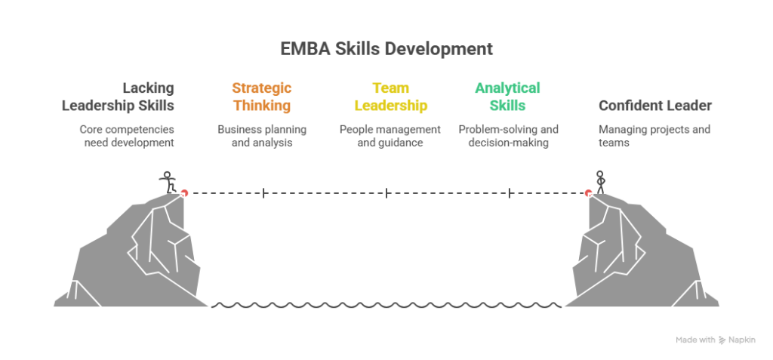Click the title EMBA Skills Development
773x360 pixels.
click(x=386, y=50)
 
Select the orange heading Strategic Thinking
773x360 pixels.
click(x=261, y=97)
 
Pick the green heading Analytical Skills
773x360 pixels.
click(x=507, y=97)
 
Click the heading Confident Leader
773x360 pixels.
click(x=654, y=106)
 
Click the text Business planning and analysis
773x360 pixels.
click(x=261, y=135)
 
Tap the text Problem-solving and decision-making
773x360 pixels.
click(x=508, y=135)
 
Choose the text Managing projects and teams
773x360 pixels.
click(x=654, y=135)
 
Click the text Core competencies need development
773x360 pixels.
click(x=128, y=135)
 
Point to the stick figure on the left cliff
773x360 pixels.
click(x=168, y=181)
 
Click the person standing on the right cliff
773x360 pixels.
click(x=601, y=181)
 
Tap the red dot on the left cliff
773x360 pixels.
click(x=184, y=193)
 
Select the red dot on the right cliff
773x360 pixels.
click(x=587, y=193)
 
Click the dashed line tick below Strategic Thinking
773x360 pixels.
click(x=263, y=193)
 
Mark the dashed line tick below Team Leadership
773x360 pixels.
click(x=386, y=193)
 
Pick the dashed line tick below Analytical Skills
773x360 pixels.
click(x=510, y=193)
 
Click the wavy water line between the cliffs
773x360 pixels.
click(x=386, y=306)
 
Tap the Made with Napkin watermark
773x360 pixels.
click(x=715, y=340)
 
